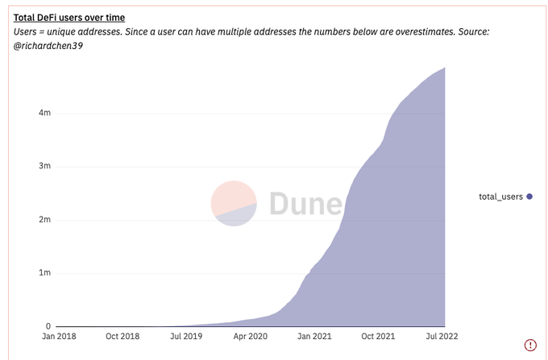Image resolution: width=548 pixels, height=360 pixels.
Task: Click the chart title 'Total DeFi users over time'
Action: click(x=69, y=17)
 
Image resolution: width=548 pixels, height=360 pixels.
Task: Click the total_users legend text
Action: click(x=500, y=197)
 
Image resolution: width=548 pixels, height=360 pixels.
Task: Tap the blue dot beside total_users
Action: click(x=529, y=197)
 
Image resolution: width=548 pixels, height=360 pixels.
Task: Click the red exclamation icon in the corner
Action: click(x=530, y=345)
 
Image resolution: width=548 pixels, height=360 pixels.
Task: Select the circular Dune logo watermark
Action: click(x=234, y=203)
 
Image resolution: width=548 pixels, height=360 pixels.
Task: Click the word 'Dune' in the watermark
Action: click(x=305, y=204)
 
